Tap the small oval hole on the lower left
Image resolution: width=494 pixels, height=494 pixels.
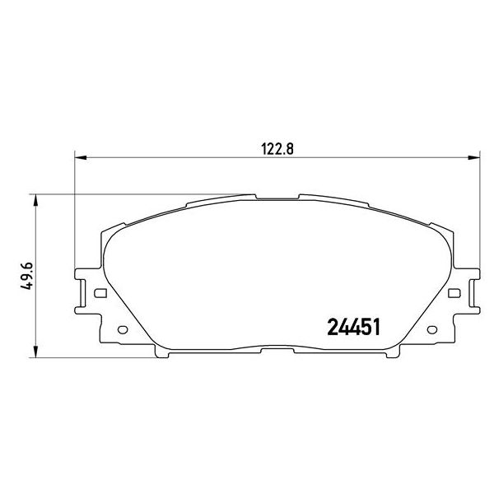(123, 331)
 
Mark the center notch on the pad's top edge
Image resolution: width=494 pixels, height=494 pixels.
(277, 198)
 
